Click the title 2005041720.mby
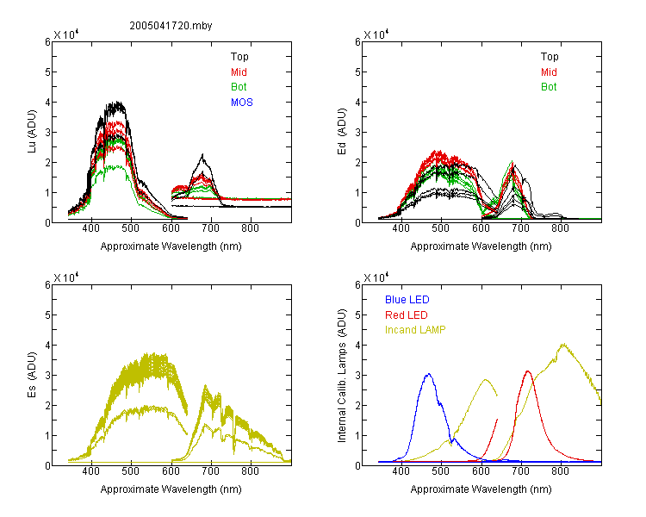tap(171, 26)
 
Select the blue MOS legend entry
tap(242, 103)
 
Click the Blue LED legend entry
tap(407, 300)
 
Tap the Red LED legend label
tap(407, 315)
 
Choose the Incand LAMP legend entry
tap(415, 330)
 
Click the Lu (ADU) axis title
tap(32, 131)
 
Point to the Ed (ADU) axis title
tap(342, 131)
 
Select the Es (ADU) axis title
tap(32, 374)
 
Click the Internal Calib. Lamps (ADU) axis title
tap(342, 375)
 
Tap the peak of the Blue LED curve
tap(429, 374)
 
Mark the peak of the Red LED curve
tap(528, 371)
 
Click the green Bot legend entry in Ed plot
tap(549, 87)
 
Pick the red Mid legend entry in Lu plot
tap(239, 72)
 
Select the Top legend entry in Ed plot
tap(550, 57)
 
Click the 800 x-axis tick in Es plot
tap(250, 470)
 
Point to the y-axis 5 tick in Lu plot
tap(47, 72)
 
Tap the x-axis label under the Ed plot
tap(481, 246)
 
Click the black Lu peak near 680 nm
tap(202, 154)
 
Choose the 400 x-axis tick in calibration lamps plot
tap(401, 470)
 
